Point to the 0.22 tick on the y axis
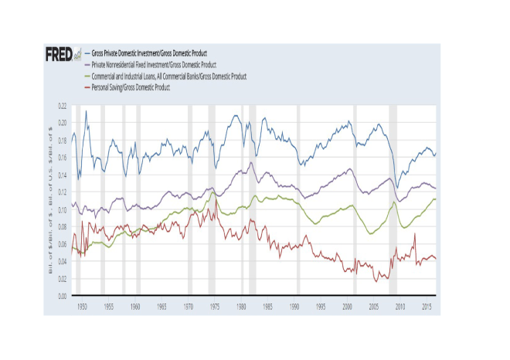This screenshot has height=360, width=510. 62,104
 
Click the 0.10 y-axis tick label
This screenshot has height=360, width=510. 62,209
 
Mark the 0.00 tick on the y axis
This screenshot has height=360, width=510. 62,296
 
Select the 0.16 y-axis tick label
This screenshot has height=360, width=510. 62,157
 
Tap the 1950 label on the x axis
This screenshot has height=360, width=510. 82,307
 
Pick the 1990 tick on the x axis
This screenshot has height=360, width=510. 294,307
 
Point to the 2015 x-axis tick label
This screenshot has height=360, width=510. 427,307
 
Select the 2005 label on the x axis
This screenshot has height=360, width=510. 374,307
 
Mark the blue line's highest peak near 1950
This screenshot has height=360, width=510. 86,111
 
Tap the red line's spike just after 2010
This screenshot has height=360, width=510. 416,233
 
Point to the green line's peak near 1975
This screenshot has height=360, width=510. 213,192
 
